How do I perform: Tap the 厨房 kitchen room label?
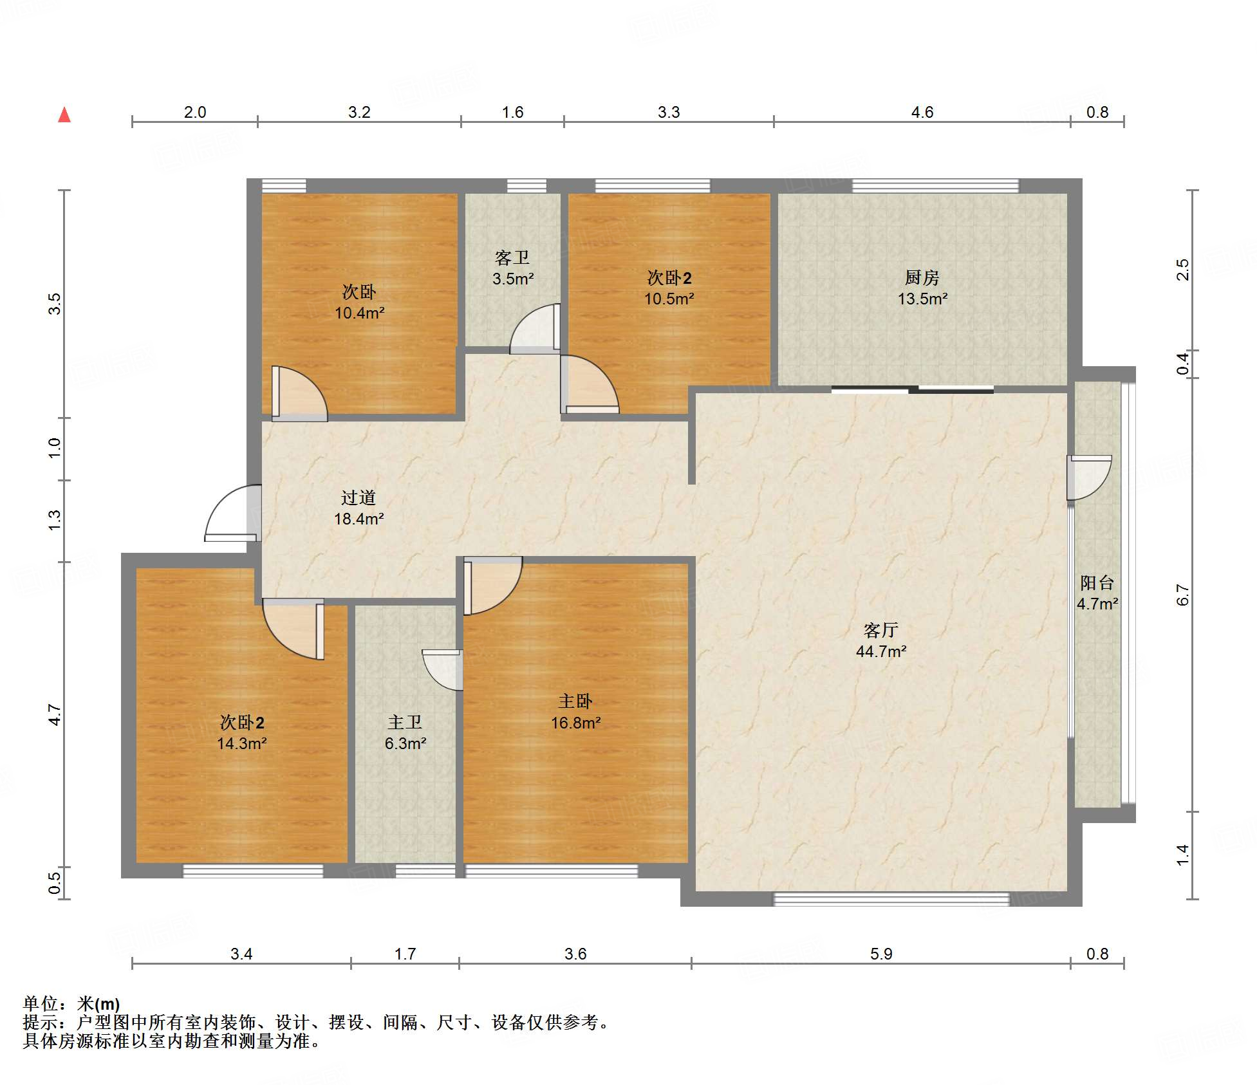922,277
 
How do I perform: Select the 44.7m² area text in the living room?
880,651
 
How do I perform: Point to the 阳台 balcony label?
1097,582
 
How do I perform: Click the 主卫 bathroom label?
405,722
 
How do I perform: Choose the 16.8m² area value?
575,723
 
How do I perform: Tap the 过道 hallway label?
358,497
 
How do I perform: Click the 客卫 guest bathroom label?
512,257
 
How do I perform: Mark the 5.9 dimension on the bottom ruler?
880,954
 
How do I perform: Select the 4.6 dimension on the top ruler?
922,112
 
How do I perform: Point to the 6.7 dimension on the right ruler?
1182,595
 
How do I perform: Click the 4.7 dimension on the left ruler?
55,715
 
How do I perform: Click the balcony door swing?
1089,478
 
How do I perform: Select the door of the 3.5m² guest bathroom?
535,329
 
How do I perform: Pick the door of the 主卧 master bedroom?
492,586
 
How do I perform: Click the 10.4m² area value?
359,313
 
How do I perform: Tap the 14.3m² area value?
241,743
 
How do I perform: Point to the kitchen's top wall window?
936,186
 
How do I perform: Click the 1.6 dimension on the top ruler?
512,112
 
